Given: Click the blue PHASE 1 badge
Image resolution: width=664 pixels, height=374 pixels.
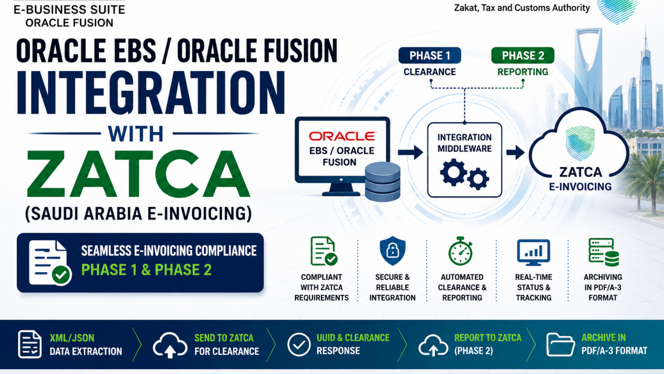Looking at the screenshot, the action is click(x=430, y=55).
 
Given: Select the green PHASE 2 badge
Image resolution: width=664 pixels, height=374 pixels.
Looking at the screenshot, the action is click(x=522, y=55).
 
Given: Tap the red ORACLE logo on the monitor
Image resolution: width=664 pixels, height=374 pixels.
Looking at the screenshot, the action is click(x=342, y=136).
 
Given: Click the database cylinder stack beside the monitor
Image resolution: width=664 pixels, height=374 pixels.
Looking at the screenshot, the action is click(x=383, y=182).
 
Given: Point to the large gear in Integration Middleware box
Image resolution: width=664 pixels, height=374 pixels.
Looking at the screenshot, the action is click(x=453, y=172).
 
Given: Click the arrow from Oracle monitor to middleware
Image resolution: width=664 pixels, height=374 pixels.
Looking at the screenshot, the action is click(x=410, y=153).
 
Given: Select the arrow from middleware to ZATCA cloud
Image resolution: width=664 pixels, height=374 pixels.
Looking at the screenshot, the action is click(x=515, y=153).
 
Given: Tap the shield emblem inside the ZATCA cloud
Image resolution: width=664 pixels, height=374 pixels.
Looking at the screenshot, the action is click(x=580, y=144).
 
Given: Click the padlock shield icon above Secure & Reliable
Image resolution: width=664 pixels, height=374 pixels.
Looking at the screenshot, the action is click(x=393, y=251).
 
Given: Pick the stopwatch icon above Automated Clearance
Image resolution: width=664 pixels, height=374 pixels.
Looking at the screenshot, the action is click(x=460, y=251).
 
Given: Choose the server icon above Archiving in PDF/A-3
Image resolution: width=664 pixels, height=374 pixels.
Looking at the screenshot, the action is click(x=604, y=252).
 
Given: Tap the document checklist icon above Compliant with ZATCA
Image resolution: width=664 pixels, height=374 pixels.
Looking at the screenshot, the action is click(x=324, y=251).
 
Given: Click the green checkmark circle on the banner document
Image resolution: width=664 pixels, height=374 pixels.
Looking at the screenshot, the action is click(x=61, y=275).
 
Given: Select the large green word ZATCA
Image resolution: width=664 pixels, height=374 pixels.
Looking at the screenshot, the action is click(x=139, y=174).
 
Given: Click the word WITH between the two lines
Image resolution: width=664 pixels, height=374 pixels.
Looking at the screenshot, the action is click(x=135, y=134).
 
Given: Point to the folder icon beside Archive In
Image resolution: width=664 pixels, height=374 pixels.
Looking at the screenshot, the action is click(x=560, y=344).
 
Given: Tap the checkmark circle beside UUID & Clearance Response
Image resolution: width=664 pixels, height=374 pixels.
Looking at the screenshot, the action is click(x=299, y=344).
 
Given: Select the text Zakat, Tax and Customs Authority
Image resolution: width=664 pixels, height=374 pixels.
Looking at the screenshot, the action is click(x=522, y=8).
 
